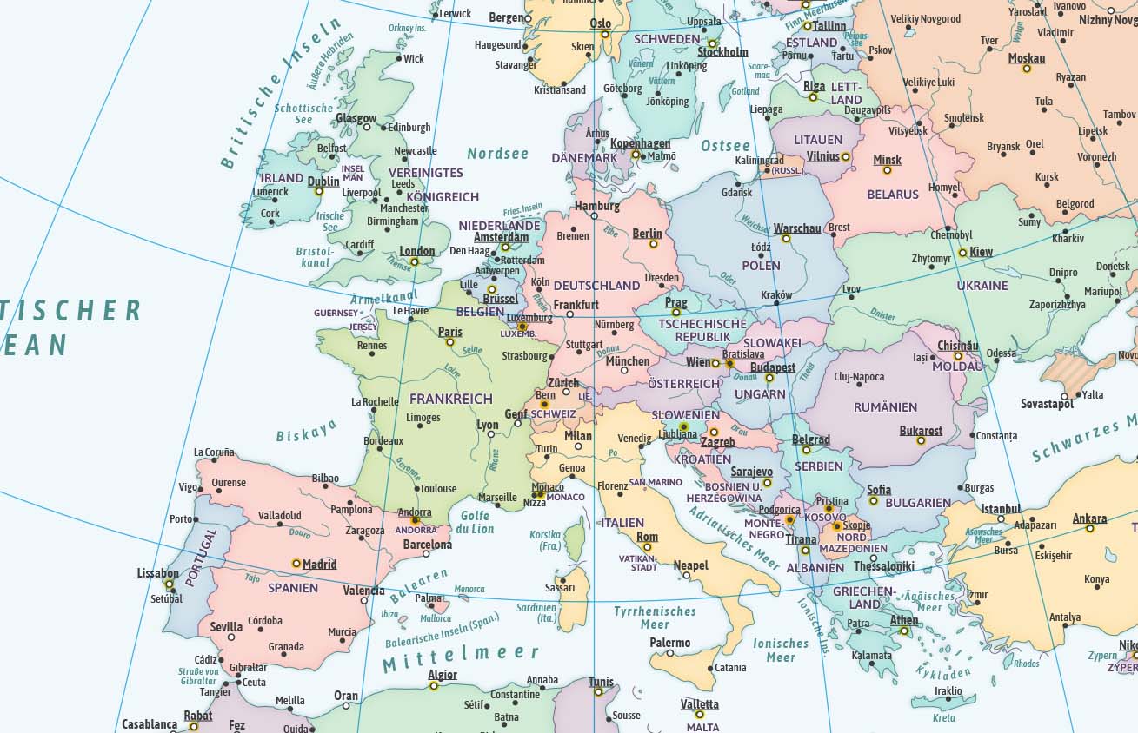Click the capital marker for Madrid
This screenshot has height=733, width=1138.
296,563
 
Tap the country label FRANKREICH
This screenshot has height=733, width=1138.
450,399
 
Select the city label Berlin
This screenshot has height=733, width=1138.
647,233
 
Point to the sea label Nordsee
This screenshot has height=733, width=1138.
497,154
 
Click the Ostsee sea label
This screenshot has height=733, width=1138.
725,146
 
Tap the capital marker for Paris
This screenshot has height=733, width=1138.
449,342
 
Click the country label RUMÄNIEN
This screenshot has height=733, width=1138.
885,406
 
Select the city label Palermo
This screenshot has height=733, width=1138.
669,643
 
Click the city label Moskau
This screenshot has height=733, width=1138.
1026,58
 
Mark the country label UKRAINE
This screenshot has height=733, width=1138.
982,285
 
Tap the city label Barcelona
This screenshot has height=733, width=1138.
427,545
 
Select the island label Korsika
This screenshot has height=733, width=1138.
545,535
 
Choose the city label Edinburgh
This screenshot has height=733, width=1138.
409,127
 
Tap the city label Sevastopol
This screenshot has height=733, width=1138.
1047,404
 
